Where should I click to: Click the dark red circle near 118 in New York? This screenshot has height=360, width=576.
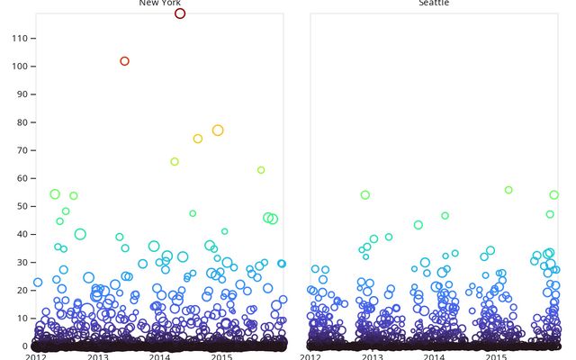180,13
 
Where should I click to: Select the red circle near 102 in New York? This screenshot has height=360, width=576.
125,61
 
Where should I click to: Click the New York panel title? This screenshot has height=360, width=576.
159,4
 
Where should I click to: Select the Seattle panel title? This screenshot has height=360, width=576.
434,4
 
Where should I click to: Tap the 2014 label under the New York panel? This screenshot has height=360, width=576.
160,356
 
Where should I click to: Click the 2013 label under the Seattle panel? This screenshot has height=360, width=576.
373,356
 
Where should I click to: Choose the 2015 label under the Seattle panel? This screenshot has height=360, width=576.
496,356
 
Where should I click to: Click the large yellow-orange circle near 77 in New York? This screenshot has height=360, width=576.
218,130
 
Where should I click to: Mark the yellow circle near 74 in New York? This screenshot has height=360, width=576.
198,139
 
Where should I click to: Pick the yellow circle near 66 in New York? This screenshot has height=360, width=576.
175,162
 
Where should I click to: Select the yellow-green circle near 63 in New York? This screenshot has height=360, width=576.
261,170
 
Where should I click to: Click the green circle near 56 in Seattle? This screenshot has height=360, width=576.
508,190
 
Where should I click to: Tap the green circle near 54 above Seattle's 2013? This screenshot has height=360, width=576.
365,195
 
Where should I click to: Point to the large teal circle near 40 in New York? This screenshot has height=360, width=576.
80,234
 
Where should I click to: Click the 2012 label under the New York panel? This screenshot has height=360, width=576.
36,356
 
